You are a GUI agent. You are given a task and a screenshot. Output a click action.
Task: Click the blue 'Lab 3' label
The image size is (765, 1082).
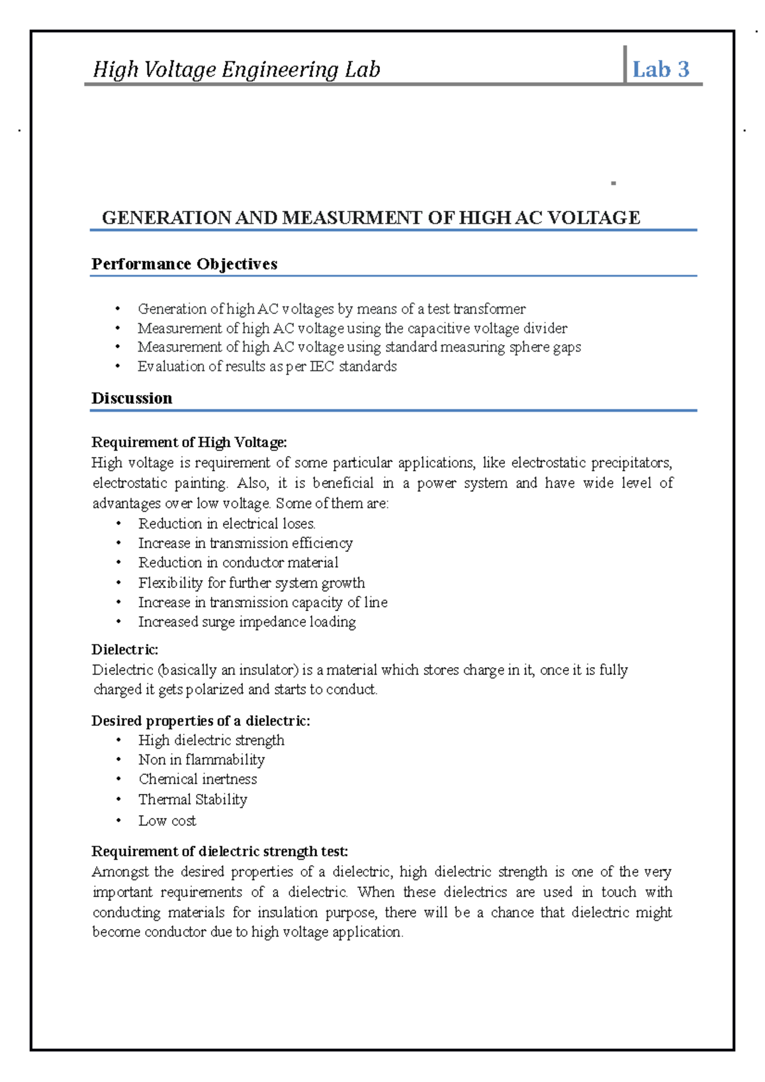[660, 69]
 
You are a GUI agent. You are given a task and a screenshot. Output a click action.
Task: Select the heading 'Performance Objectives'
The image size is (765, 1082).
[184, 264]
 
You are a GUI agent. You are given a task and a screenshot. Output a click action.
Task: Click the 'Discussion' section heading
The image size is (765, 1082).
[132, 398]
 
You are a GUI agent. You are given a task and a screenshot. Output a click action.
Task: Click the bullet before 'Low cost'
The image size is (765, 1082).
[119, 820]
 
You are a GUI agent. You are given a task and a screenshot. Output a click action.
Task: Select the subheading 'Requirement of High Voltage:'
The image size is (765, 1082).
[189, 442]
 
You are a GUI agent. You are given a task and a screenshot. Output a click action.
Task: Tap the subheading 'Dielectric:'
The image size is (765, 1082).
[125, 650]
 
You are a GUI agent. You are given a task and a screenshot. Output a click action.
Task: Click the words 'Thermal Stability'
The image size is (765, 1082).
[193, 800]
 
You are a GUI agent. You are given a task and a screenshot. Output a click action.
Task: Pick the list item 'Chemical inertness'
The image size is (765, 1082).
[198, 779]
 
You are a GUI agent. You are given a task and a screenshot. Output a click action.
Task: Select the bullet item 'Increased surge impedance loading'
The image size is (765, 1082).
[247, 622]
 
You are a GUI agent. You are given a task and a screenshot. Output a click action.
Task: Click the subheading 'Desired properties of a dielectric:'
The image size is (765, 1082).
[201, 721]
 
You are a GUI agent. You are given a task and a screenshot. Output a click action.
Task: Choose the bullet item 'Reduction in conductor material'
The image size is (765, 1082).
[238, 563]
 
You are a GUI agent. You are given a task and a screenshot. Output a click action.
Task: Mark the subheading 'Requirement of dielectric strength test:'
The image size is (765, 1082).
[220, 851]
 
